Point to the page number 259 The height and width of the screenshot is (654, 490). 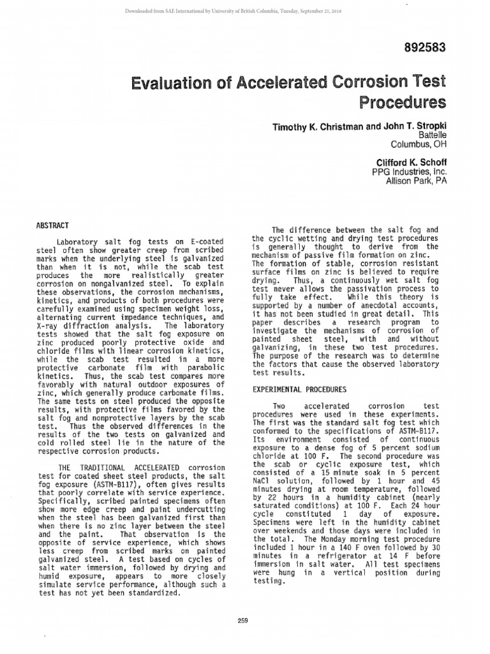pyautogui.click(x=242, y=620)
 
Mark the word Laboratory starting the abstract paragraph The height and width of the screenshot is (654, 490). pyautogui.click(x=78, y=243)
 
